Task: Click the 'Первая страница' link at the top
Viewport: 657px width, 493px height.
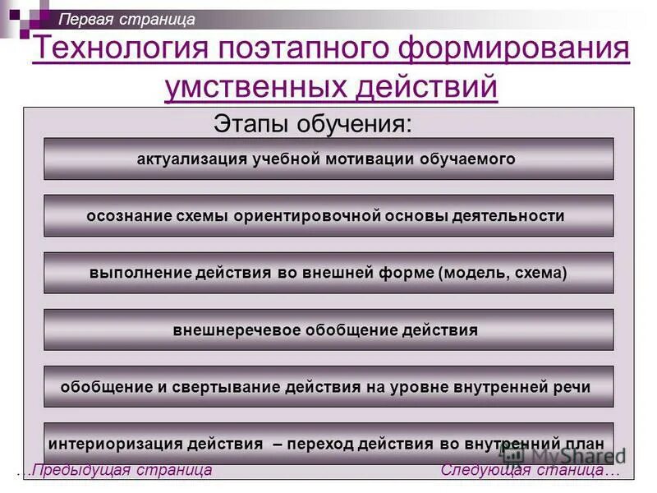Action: (x=127, y=19)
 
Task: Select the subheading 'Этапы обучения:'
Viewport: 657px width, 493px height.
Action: (x=312, y=125)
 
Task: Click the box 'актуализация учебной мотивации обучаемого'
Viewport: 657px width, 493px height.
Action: (x=328, y=159)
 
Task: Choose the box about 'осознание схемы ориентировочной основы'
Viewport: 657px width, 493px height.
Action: (x=328, y=216)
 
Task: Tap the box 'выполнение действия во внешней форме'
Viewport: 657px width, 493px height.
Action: (x=328, y=273)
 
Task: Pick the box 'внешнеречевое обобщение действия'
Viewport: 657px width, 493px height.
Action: (x=328, y=330)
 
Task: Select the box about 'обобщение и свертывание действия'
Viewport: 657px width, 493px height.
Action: (x=328, y=387)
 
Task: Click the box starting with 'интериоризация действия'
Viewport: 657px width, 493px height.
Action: (x=328, y=444)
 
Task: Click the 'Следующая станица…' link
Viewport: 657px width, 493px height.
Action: (x=530, y=471)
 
